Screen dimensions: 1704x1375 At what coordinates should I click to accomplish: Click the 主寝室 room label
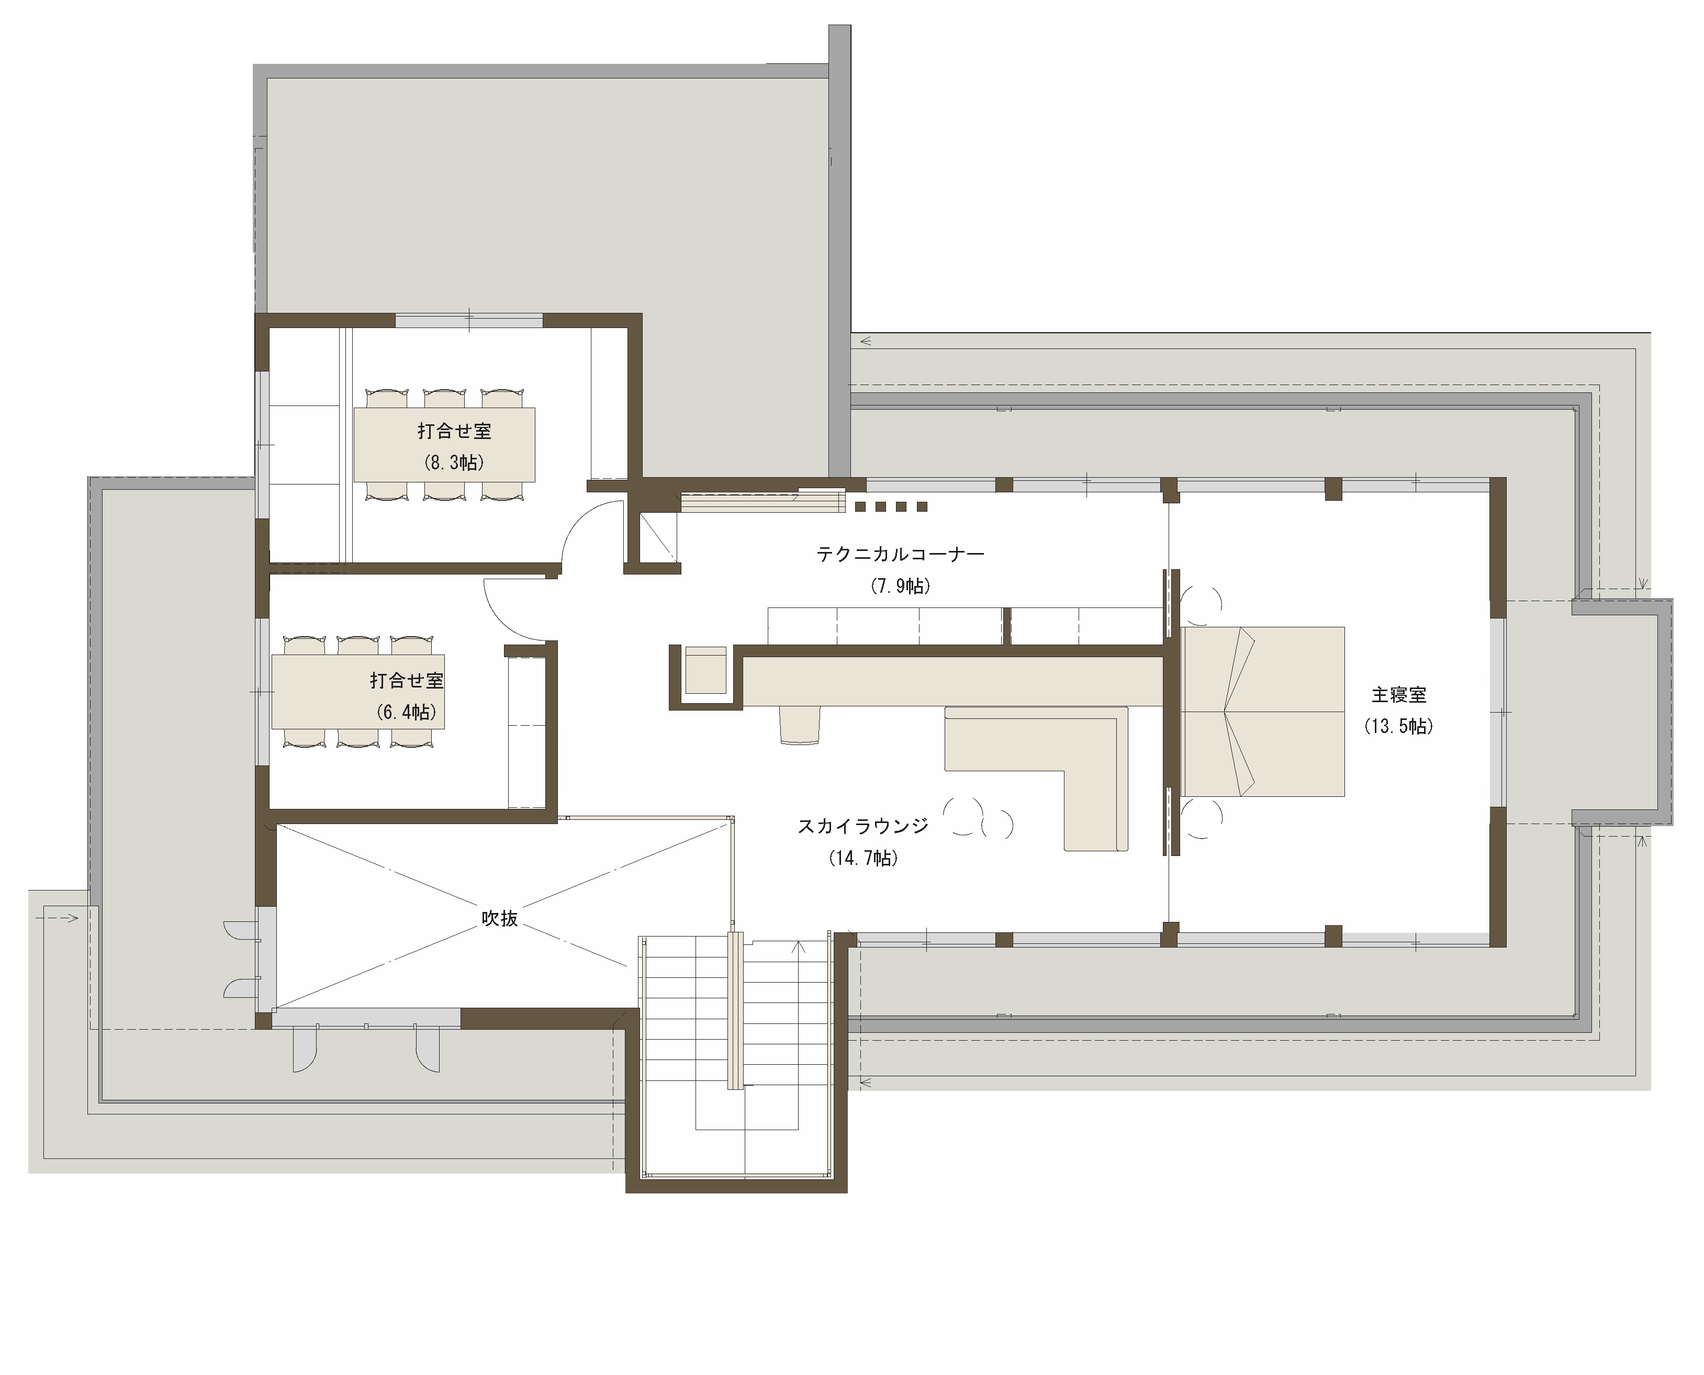pos(1399,695)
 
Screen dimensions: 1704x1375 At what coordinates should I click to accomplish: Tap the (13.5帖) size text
pos(1398,726)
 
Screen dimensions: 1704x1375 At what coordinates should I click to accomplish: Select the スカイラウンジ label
pos(862,826)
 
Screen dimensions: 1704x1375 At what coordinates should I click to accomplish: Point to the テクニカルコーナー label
pos(901,554)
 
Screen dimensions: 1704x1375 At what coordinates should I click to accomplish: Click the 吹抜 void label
pos(500,918)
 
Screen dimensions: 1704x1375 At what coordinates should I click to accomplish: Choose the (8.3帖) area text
pos(455,463)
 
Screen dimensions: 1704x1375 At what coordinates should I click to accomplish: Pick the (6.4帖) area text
pos(407,712)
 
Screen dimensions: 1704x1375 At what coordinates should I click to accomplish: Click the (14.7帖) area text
pos(864,858)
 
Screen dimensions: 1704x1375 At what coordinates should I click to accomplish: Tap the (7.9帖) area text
pos(901,586)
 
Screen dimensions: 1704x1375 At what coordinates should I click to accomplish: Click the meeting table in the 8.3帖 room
pos(444,444)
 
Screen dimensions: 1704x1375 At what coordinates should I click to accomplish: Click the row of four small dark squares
pos(890,506)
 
